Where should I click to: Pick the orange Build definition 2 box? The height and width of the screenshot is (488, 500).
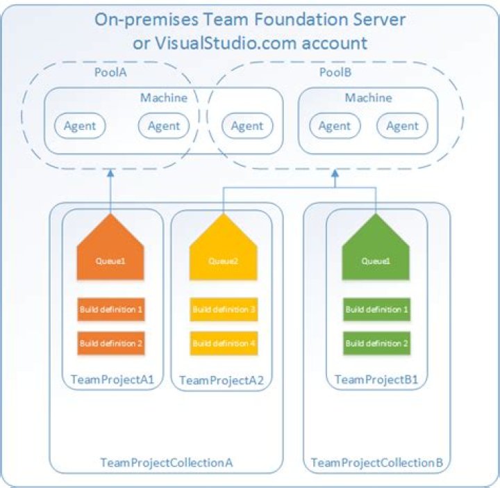pos(111,343)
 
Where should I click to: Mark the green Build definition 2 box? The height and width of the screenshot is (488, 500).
pos(375,343)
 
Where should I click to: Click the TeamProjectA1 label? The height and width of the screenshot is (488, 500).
pos(112,380)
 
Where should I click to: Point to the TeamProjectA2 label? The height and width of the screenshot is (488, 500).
pos(224,380)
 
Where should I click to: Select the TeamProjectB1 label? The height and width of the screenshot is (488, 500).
pos(376,380)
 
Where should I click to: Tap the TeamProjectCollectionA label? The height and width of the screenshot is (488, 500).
pos(167,463)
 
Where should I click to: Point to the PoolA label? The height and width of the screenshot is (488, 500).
pos(110,72)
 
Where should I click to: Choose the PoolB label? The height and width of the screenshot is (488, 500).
pos(334,72)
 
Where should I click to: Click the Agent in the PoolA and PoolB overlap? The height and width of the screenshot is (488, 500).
pos(247,126)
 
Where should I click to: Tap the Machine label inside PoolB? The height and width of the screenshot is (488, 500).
pos(369,98)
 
